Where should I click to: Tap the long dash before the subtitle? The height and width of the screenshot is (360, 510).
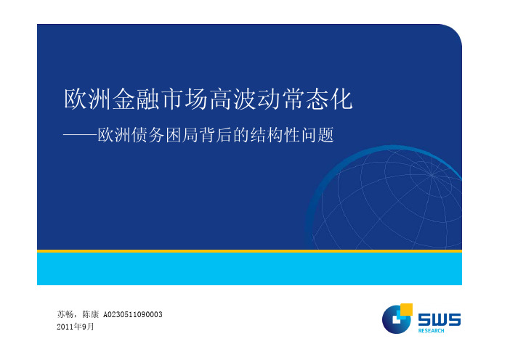click(80, 135)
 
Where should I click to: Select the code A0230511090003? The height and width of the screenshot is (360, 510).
click(133, 314)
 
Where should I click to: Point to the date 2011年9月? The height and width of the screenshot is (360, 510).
click(75, 327)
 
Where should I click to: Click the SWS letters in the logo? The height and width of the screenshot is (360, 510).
click(440, 319)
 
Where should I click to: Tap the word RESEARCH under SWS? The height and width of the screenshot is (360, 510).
click(431, 331)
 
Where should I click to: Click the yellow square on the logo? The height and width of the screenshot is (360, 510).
click(406, 310)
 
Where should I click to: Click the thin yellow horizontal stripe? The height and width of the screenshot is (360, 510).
click(249, 251)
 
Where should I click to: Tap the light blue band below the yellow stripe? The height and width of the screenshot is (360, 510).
click(249, 269)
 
